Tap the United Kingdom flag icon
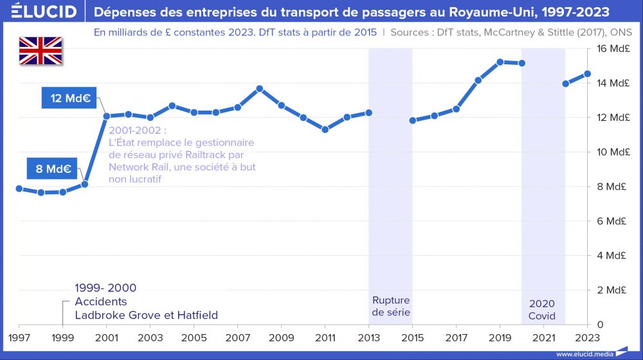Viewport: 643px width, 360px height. point(41,51)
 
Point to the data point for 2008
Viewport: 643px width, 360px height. point(260,89)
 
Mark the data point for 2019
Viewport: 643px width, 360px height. point(500,62)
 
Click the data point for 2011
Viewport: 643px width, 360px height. point(325,129)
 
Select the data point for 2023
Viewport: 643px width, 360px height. point(588,73)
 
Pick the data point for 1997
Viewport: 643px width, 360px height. point(19,188)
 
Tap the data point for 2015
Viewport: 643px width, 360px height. point(413,120)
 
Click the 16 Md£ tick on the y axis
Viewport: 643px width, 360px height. point(611,49)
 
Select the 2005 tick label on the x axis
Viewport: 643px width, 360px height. point(194,337)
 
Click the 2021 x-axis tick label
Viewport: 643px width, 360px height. point(544,337)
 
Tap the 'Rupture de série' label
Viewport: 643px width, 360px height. point(390,307)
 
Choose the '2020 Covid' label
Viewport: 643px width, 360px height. point(542,310)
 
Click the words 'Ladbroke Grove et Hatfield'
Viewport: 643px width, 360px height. point(146,315)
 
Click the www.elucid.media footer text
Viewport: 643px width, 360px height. point(584,354)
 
